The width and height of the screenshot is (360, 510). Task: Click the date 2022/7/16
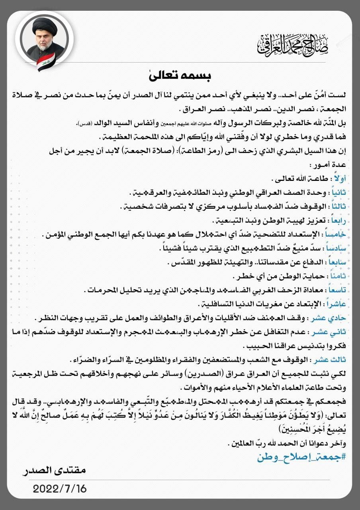point(60,488)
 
